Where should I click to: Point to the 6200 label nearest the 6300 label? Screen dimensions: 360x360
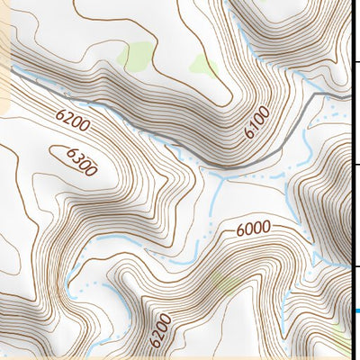click(x=74, y=121)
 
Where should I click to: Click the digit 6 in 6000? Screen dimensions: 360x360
click(x=240, y=232)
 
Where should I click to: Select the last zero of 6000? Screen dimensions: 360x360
click(x=267, y=227)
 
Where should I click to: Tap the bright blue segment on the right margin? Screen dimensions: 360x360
click(x=357, y=312)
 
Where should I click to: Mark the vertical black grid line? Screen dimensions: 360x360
click(x=350, y=180)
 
